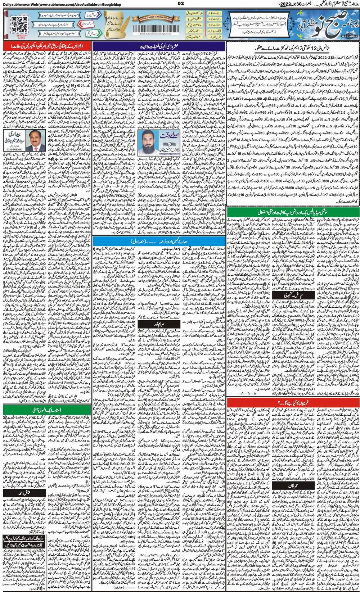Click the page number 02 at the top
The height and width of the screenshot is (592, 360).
[x=180, y=4]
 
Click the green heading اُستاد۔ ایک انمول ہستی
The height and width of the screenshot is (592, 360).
[x=46, y=410]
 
